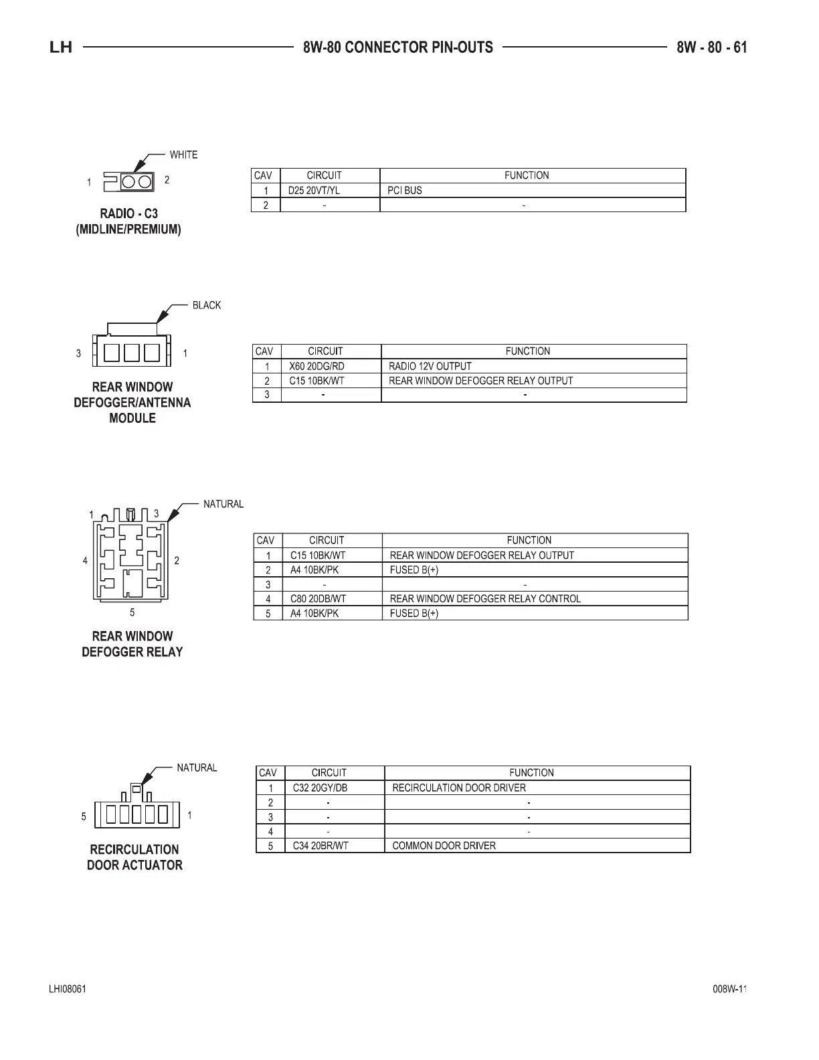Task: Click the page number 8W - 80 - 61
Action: point(711,48)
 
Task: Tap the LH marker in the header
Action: point(61,48)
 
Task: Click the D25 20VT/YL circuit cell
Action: point(314,191)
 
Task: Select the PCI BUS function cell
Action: point(405,191)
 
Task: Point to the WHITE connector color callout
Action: point(183,155)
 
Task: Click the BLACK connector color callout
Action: point(206,306)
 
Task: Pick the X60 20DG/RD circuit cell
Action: point(316,367)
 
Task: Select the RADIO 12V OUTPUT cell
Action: point(430,367)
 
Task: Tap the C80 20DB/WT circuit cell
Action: point(318,599)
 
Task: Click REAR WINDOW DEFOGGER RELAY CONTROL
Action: point(485,599)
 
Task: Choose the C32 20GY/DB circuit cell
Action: point(320,788)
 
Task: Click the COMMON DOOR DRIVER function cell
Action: point(444,846)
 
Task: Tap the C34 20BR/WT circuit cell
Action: point(321,846)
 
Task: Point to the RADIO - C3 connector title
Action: point(128,214)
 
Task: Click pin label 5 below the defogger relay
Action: point(132,612)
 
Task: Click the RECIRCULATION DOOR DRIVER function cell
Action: point(459,788)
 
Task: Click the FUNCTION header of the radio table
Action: point(527,175)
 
